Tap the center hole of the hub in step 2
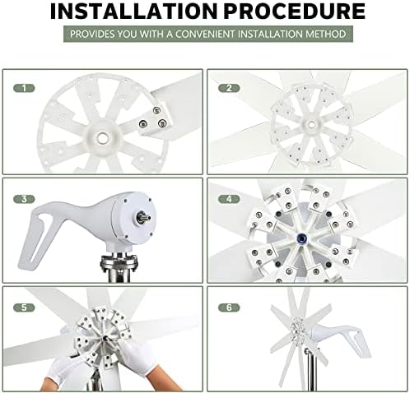[310, 126]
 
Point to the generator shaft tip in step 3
[142, 218]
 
